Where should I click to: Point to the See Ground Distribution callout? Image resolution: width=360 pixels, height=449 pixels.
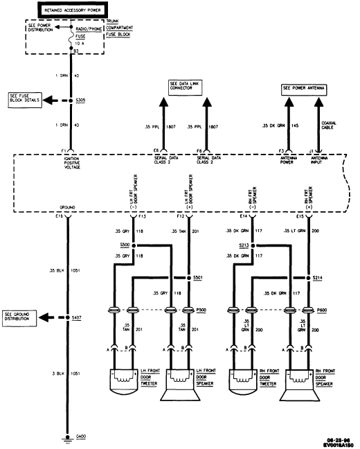21,316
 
